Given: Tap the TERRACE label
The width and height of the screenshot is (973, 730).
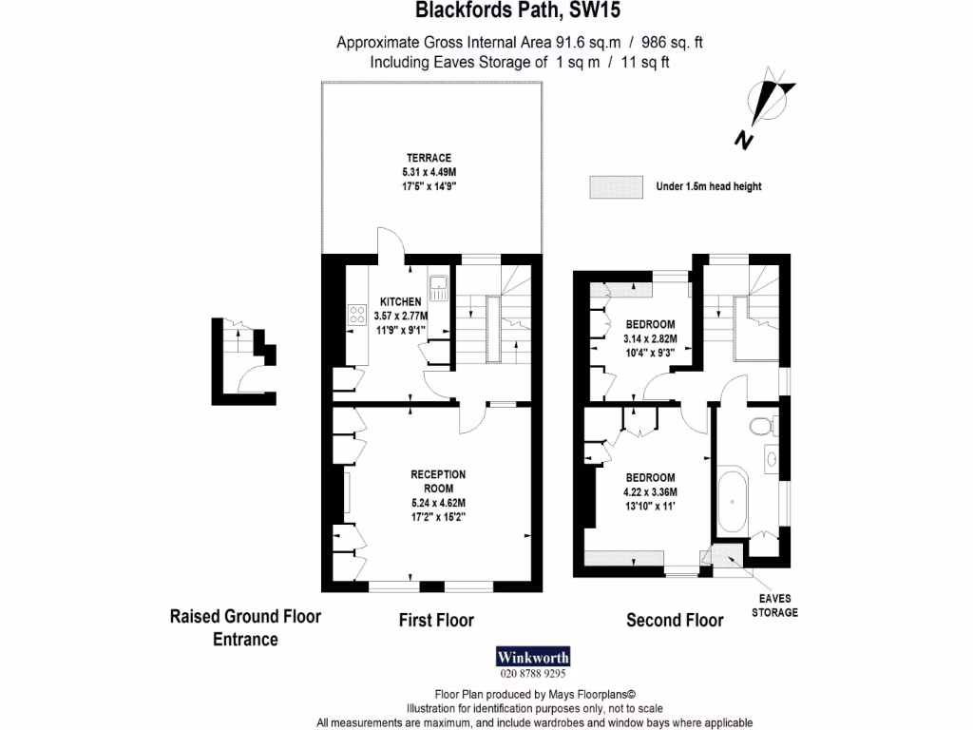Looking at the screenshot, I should (x=429, y=158).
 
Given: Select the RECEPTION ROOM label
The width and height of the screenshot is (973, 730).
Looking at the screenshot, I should (x=438, y=480).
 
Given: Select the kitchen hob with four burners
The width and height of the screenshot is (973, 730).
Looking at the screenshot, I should (x=358, y=315).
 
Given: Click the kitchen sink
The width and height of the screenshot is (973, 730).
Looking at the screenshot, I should (x=439, y=288).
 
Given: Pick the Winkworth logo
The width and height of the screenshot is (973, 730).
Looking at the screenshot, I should (x=533, y=657).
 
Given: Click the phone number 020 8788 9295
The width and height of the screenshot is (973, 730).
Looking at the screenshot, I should (x=533, y=674).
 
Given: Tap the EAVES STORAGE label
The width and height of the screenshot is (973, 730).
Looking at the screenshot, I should (x=774, y=605).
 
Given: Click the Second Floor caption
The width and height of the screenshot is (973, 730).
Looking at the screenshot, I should (x=675, y=621).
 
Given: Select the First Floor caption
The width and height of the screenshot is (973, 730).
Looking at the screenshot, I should (x=435, y=621).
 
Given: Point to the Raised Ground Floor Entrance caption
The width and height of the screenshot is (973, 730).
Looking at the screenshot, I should (x=245, y=627).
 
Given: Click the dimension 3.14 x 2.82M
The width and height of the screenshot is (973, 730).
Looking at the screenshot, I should (x=649, y=338).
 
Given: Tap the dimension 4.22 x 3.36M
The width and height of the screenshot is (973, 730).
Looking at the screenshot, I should (x=649, y=491).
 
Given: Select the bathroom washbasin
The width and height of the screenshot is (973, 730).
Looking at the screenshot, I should (x=772, y=461).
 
